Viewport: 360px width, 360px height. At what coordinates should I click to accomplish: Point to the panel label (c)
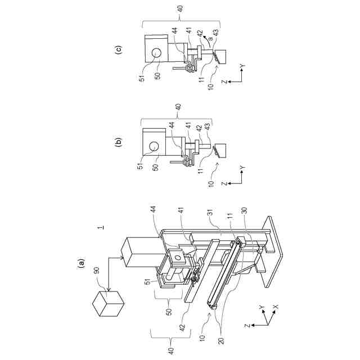coord(118,48)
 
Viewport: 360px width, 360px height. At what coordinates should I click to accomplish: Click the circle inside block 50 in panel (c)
coord(155,52)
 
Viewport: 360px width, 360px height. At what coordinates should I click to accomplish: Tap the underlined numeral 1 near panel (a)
coord(99,228)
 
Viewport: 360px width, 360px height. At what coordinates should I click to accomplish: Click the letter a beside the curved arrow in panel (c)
coord(209,38)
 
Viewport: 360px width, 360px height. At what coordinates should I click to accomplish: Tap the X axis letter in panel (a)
coord(275,307)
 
